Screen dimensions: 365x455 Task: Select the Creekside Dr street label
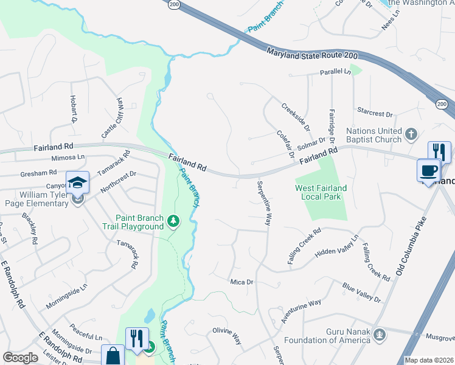tap(296, 116)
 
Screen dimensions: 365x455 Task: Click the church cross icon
tap(411, 133)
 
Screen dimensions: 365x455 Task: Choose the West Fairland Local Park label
tap(321, 193)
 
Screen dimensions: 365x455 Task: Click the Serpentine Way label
tap(263, 203)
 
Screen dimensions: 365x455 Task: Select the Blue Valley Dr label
tap(361, 292)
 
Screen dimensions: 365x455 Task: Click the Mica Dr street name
tap(241, 282)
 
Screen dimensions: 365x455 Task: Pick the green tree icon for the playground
tap(173, 220)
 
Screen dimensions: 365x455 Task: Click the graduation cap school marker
tap(78, 182)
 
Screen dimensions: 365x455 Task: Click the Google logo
tap(20, 358)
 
